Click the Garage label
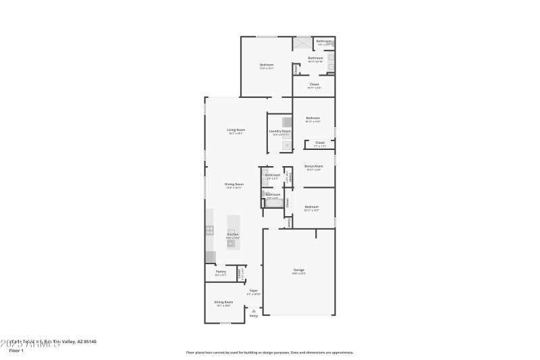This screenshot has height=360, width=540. [x=298, y=269]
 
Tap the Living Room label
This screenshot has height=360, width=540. [x=236, y=130]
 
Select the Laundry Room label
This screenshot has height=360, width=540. [x=279, y=131]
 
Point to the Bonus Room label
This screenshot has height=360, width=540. [x=314, y=165]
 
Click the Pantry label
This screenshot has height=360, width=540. [x=221, y=272]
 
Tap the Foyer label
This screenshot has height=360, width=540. [x=253, y=290]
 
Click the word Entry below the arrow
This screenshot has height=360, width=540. [x=254, y=315]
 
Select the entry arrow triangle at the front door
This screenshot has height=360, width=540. [x=254, y=310]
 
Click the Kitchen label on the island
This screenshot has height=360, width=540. [x=232, y=234]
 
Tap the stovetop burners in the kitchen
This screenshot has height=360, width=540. [x=210, y=230]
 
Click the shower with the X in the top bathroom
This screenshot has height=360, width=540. [x=302, y=43]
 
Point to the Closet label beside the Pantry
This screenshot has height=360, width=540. [x=239, y=273]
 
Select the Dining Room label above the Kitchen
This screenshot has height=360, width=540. [x=234, y=184]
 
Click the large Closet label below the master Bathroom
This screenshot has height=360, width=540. [x=315, y=84]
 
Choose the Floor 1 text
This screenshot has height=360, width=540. [x=16, y=351]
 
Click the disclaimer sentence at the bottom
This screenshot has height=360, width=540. [x=269, y=352]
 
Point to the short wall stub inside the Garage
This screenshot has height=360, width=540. [x=316, y=233]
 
